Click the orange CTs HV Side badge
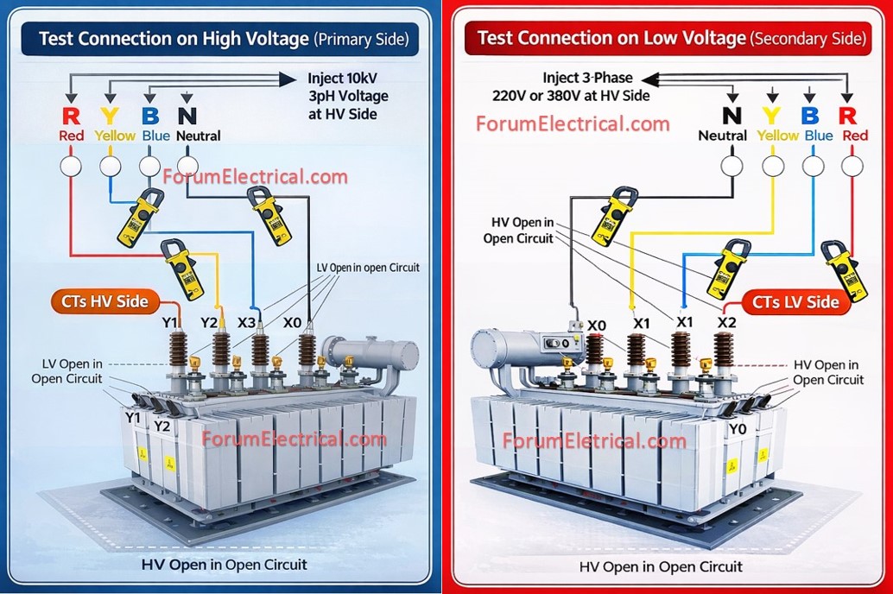(x=105, y=301)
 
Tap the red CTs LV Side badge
(x=795, y=302)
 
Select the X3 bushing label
(x=247, y=323)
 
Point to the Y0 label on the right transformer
(x=738, y=429)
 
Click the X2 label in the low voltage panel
(x=726, y=322)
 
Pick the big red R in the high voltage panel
(x=71, y=117)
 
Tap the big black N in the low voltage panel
(x=731, y=116)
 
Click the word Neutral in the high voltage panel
(x=198, y=136)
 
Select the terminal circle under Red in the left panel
(x=71, y=167)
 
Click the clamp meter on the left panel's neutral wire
(x=269, y=213)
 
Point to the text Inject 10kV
(x=342, y=78)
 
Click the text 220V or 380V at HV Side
(x=571, y=96)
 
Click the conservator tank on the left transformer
(x=370, y=354)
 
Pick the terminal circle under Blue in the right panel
(x=813, y=167)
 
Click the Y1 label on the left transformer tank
(x=133, y=418)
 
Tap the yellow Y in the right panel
(x=771, y=116)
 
